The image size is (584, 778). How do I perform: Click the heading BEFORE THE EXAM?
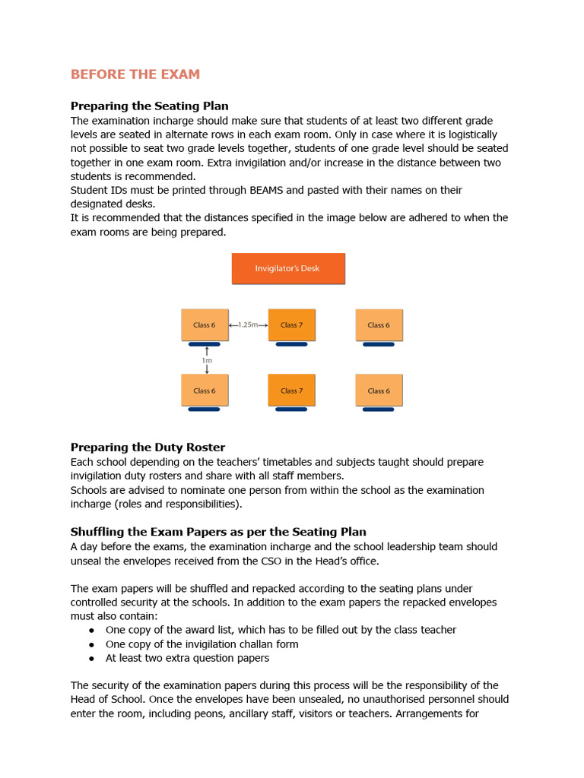click(135, 74)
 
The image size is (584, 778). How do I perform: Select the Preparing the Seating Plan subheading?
click(150, 106)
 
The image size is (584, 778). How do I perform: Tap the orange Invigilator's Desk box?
click(288, 268)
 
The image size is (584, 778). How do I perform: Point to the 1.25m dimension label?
click(248, 325)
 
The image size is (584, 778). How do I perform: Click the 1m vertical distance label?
click(207, 361)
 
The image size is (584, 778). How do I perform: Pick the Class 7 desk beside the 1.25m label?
click(291, 325)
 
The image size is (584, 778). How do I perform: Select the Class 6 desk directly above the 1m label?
click(205, 325)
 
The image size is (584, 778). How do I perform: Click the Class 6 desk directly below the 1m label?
click(205, 391)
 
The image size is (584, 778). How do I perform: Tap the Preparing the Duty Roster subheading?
click(148, 447)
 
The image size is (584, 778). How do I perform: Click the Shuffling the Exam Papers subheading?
click(218, 531)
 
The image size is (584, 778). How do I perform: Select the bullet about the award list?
click(281, 630)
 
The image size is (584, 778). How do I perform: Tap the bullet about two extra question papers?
click(187, 658)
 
